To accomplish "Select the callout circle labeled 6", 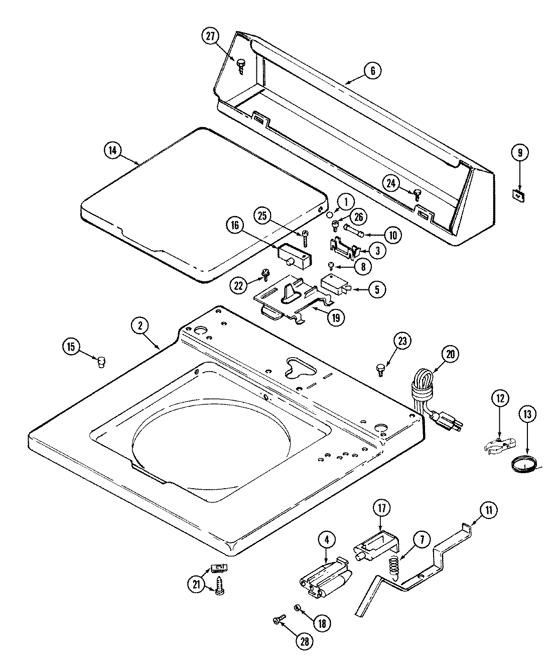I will click(x=373, y=71).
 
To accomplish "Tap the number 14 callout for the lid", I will click(x=113, y=151).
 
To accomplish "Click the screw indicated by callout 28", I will click(x=279, y=622).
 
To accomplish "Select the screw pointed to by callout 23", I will click(x=380, y=370).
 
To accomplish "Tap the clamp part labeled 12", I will click(x=500, y=444).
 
